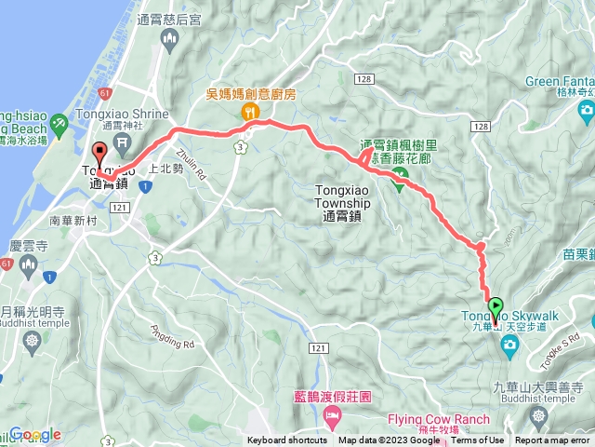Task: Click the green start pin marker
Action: (496, 305)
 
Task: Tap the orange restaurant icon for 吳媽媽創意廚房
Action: (249, 111)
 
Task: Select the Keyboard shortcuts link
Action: (286, 440)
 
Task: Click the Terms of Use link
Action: (478, 440)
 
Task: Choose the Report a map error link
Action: (553, 440)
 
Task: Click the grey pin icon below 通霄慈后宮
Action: (168, 37)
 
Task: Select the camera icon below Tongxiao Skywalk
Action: (509, 346)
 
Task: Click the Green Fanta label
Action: (557, 81)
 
